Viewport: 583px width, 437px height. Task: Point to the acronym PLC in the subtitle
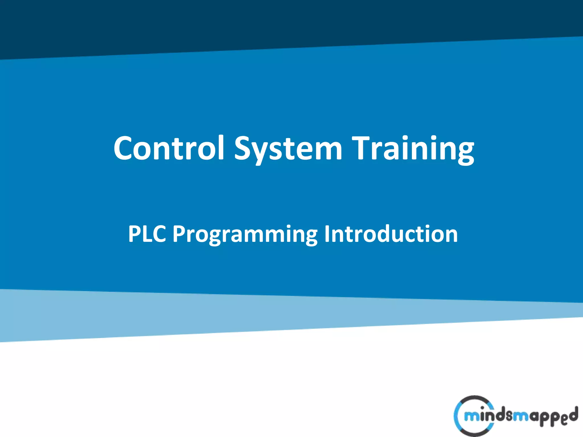tap(147, 234)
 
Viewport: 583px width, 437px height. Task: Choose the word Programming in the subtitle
tap(245, 234)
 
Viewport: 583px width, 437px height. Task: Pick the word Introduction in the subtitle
tap(391, 234)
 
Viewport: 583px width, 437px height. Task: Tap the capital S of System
tap(244, 148)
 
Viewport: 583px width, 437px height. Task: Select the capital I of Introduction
tap(327, 234)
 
